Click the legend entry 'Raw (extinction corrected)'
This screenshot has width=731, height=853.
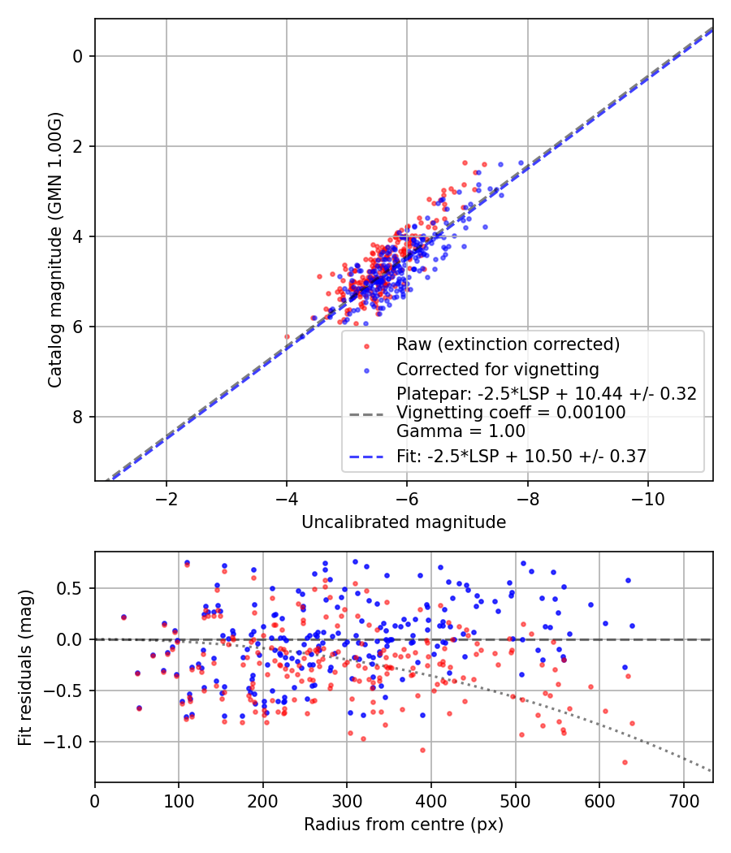[x=508, y=344]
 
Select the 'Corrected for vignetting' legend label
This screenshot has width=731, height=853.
[x=497, y=370]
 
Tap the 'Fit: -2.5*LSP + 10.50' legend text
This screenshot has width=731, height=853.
[x=521, y=457]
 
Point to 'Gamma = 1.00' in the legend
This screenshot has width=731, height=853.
[x=461, y=431]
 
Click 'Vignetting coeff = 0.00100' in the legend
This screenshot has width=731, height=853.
[x=511, y=413]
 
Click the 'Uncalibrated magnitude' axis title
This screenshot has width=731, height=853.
[x=404, y=522]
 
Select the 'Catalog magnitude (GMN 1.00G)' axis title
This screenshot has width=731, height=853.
[x=55, y=249]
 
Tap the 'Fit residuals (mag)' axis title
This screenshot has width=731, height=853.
[x=25, y=667]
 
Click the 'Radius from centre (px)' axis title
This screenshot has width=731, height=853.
[x=404, y=825]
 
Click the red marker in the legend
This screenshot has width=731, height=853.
[x=366, y=345]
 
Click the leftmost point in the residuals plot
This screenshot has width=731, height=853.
[x=123, y=617]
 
